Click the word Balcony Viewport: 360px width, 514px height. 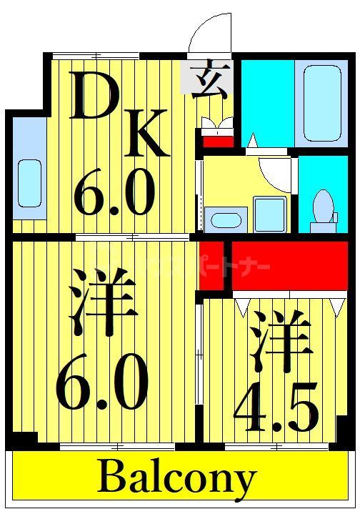(177, 478)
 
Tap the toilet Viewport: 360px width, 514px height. (324, 208)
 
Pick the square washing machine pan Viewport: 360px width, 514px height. (269, 214)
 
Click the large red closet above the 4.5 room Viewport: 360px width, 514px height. (289, 265)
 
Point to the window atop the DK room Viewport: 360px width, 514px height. (96, 56)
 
